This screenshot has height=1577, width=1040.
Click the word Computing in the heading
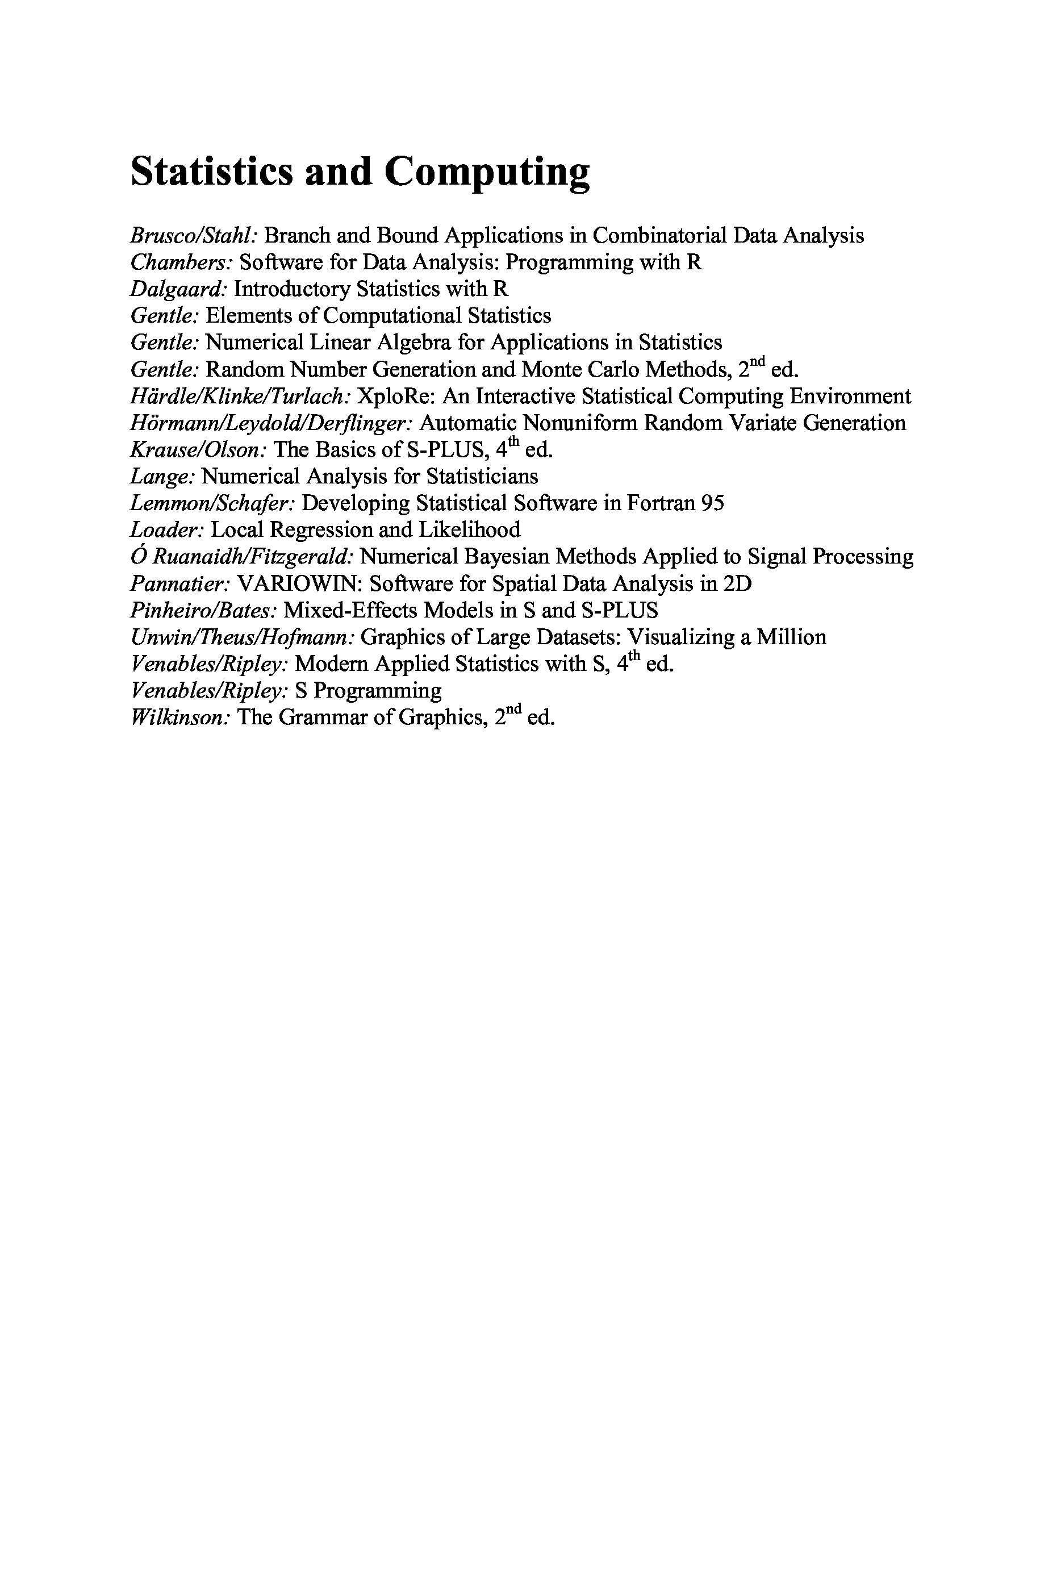click(486, 173)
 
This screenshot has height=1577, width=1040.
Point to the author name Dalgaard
click(179, 289)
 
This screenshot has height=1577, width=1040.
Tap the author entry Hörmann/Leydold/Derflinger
click(273, 423)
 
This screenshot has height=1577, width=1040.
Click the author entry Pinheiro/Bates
click(203, 610)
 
